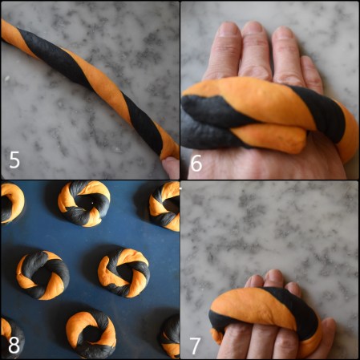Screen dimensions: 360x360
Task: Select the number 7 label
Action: coord(194,346)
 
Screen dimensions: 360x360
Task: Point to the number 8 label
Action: coord(14,346)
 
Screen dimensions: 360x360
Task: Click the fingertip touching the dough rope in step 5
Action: coord(172,167)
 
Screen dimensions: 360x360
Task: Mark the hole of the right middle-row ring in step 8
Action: coord(123,272)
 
